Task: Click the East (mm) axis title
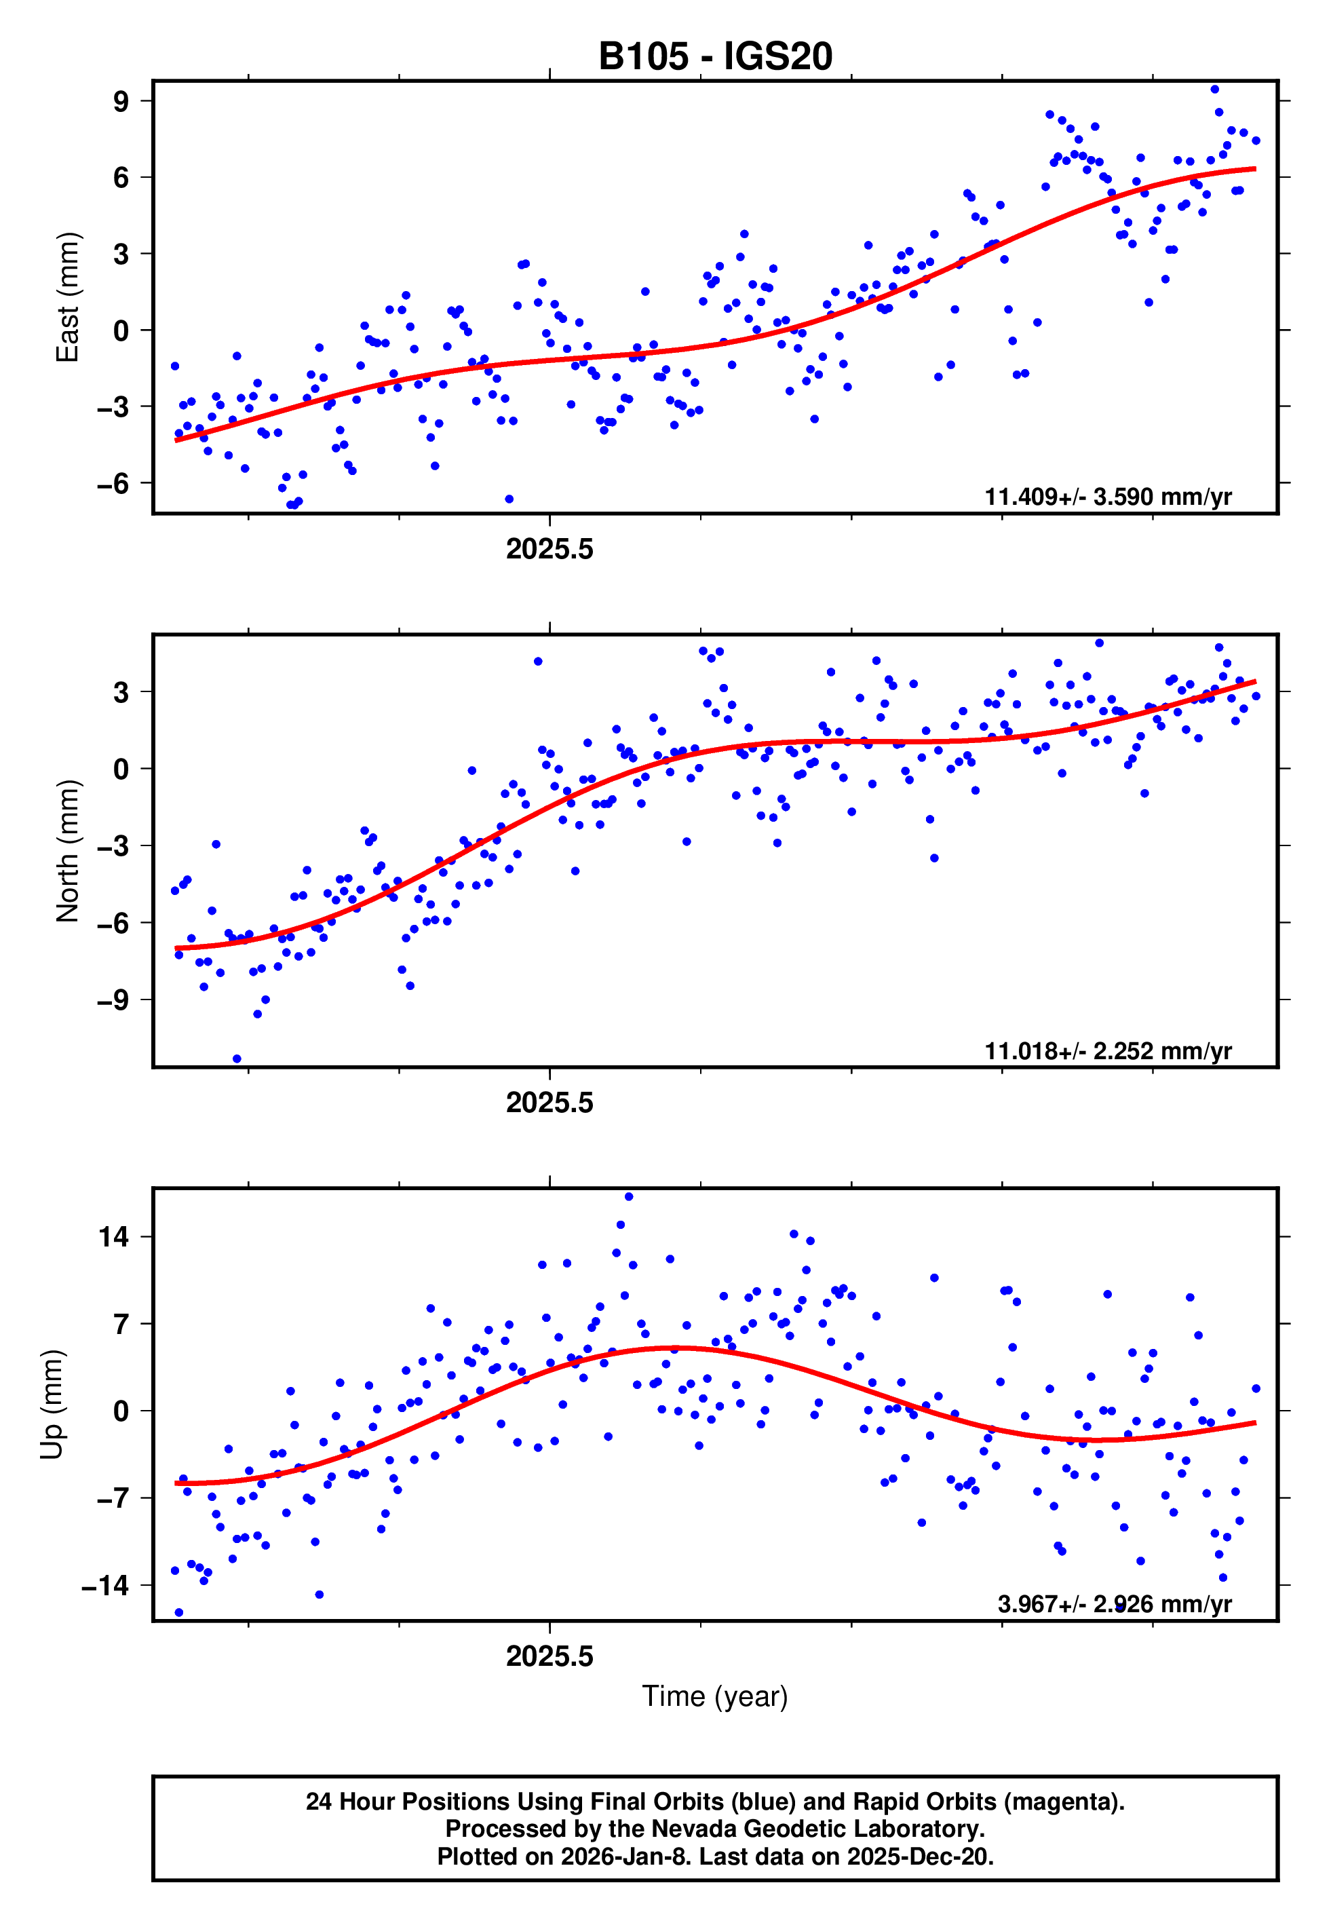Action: [x=66, y=298]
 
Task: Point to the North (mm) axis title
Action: [x=66, y=851]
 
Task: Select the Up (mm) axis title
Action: [x=52, y=1405]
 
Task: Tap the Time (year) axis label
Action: [x=715, y=1696]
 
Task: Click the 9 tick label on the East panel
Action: [x=121, y=102]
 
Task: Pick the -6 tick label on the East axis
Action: [x=113, y=483]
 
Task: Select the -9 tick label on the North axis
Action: [x=113, y=999]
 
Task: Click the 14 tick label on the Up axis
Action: [x=113, y=1237]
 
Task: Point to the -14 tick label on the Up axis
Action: [x=105, y=1585]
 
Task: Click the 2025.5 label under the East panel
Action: [x=549, y=549]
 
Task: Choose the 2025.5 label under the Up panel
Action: [x=549, y=1656]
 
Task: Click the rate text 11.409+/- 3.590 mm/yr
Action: [x=1108, y=497]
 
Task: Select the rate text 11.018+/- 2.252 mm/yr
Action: [x=1108, y=1050]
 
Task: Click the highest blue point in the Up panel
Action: [x=629, y=1197]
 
